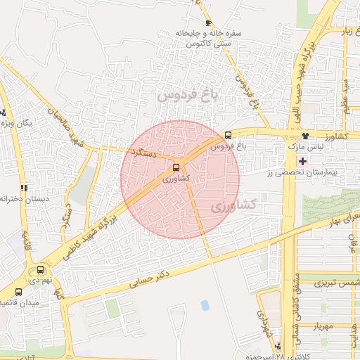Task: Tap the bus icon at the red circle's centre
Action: pos(176,168)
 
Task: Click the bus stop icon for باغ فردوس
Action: pos(227,136)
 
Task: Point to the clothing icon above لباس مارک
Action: pos(304,136)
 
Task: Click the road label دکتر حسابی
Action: pos(151,278)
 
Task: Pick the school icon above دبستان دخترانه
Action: pos(24,188)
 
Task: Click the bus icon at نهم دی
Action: pos(39,269)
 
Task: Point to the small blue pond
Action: pos(205,305)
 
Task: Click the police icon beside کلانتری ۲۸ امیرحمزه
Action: pos(280,346)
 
